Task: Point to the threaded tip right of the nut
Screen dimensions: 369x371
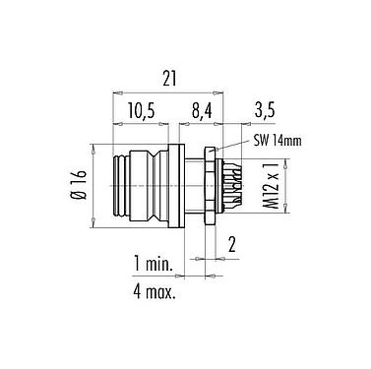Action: (x=227, y=183)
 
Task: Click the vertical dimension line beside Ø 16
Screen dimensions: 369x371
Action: (x=94, y=183)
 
